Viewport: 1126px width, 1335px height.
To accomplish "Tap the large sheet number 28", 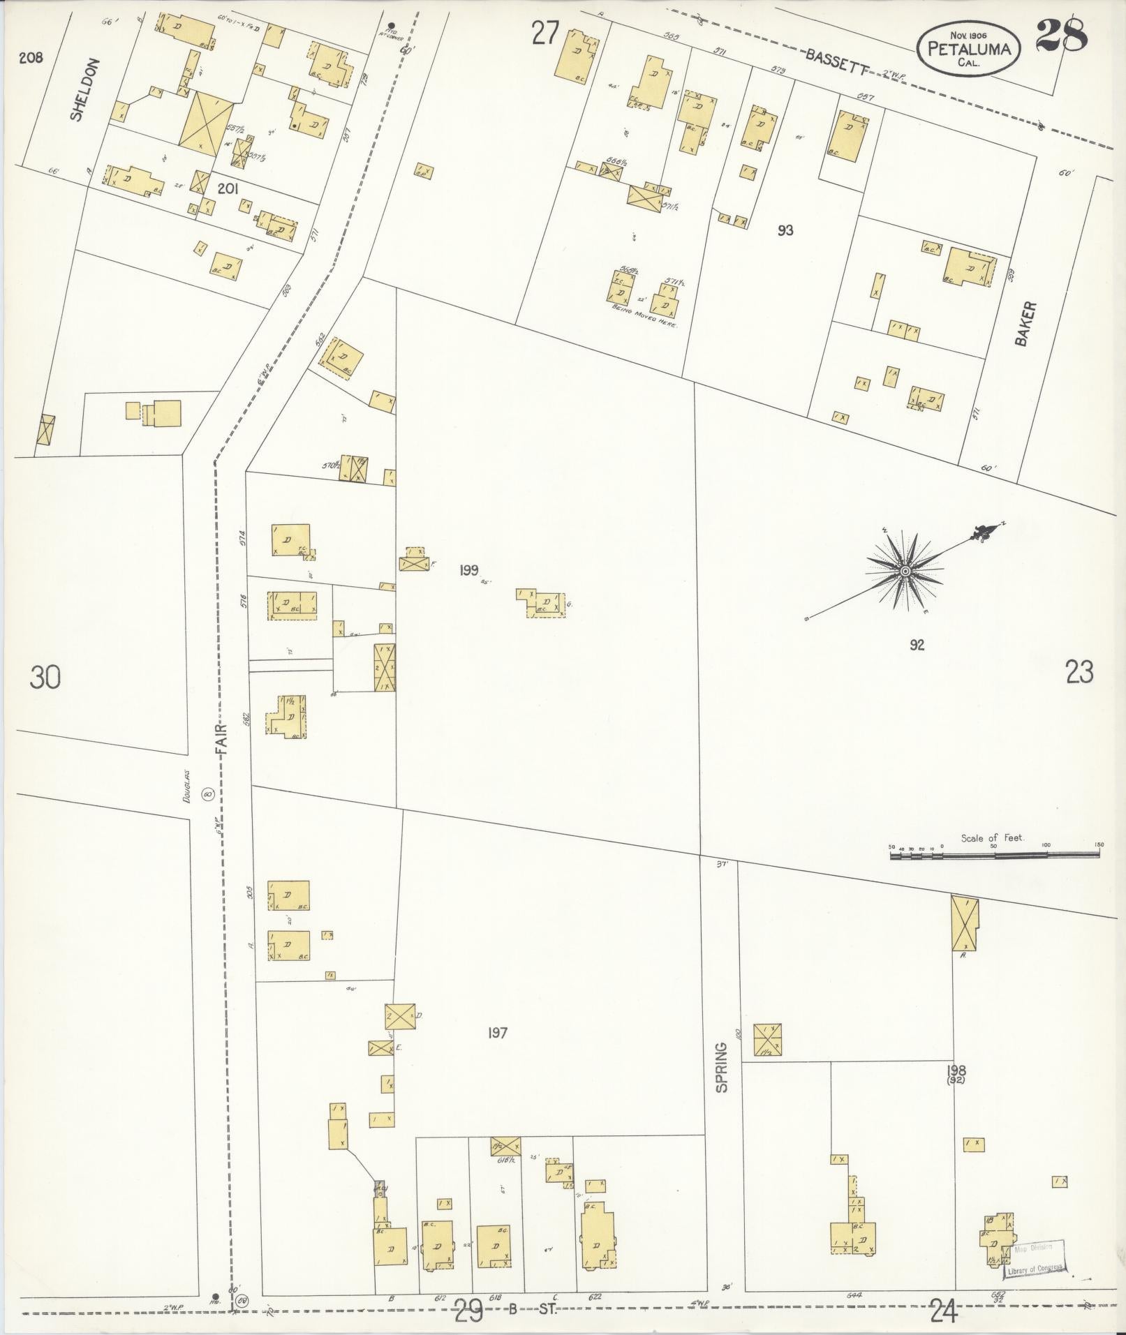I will pyautogui.click(x=1061, y=35).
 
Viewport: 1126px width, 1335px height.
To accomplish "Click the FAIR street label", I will pyautogui.click(x=222, y=736).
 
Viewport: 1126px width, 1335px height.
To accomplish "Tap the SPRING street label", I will pyautogui.click(x=721, y=1087).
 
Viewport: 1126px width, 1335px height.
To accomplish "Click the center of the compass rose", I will pyautogui.click(x=905, y=572).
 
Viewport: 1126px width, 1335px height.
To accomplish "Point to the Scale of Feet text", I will pyautogui.click(x=991, y=837).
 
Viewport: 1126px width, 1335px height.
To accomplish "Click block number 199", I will pyautogui.click(x=468, y=570).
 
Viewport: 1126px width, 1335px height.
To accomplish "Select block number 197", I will pyautogui.click(x=497, y=1033).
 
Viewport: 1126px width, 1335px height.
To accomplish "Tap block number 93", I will pyautogui.click(x=785, y=230).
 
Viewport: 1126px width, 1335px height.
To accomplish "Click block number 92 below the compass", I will pyautogui.click(x=917, y=645).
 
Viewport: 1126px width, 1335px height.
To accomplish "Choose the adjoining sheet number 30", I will pyautogui.click(x=45, y=678).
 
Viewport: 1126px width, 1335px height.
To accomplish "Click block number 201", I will pyautogui.click(x=228, y=188).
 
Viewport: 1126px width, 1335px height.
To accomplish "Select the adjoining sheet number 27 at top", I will pyautogui.click(x=545, y=33).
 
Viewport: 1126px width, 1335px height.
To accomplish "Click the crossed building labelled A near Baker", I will pyautogui.click(x=964, y=924).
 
